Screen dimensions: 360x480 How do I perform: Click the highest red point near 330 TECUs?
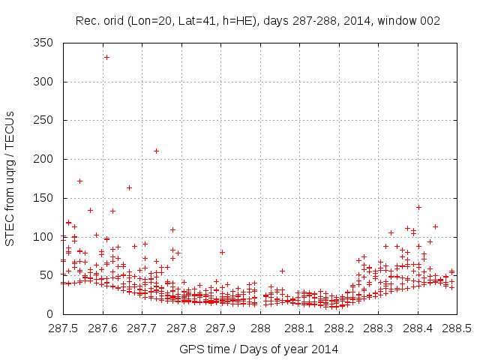click(x=106, y=57)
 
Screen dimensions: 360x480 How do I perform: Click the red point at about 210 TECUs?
click(x=156, y=151)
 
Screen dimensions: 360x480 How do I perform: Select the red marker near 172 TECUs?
click(x=79, y=181)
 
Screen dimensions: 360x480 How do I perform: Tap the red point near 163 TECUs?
click(x=129, y=187)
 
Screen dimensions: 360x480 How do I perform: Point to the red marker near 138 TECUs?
click(x=418, y=207)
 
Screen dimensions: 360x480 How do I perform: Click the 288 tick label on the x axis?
click(x=260, y=328)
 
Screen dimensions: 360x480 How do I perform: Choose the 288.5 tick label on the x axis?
click(x=457, y=328)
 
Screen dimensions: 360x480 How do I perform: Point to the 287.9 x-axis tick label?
click(x=220, y=328)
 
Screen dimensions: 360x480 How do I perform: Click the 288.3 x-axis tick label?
click(x=378, y=328)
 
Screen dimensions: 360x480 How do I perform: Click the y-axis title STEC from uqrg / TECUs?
click(x=10, y=178)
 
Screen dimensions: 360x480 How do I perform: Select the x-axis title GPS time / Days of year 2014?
click(x=259, y=349)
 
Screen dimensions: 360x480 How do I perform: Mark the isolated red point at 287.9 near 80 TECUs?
click(x=222, y=252)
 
